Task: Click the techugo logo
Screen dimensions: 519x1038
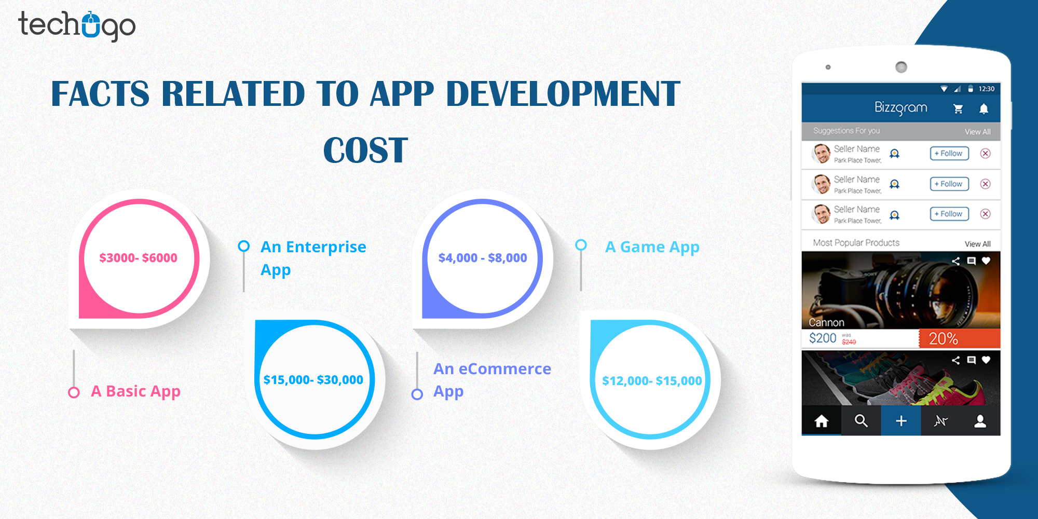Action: tap(77, 26)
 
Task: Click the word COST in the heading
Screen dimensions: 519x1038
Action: tap(365, 151)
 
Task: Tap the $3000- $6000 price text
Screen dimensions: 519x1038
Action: tap(138, 257)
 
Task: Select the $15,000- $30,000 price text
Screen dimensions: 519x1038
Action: tap(313, 380)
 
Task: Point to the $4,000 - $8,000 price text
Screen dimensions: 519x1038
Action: tap(482, 257)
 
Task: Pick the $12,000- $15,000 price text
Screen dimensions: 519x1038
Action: tap(651, 381)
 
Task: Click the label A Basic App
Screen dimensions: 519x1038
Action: tap(135, 391)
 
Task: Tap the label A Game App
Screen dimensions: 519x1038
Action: tap(652, 247)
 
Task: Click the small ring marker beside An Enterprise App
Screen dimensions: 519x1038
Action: tap(243, 246)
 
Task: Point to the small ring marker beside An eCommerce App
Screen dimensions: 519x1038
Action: tap(417, 394)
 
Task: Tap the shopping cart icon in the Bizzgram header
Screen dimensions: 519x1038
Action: tap(958, 108)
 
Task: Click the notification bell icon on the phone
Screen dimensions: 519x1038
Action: tap(984, 108)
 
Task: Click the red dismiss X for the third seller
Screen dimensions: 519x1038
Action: tap(985, 214)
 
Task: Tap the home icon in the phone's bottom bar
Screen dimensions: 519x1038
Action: tap(821, 421)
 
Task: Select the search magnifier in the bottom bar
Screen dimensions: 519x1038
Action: tap(861, 421)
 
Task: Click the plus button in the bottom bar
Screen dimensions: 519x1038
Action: tap(901, 421)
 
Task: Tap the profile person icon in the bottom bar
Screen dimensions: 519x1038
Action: tap(980, 421)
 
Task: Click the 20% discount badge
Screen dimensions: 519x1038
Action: tap(944, 339)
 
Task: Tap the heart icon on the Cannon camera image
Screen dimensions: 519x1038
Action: tap(986, 261)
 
